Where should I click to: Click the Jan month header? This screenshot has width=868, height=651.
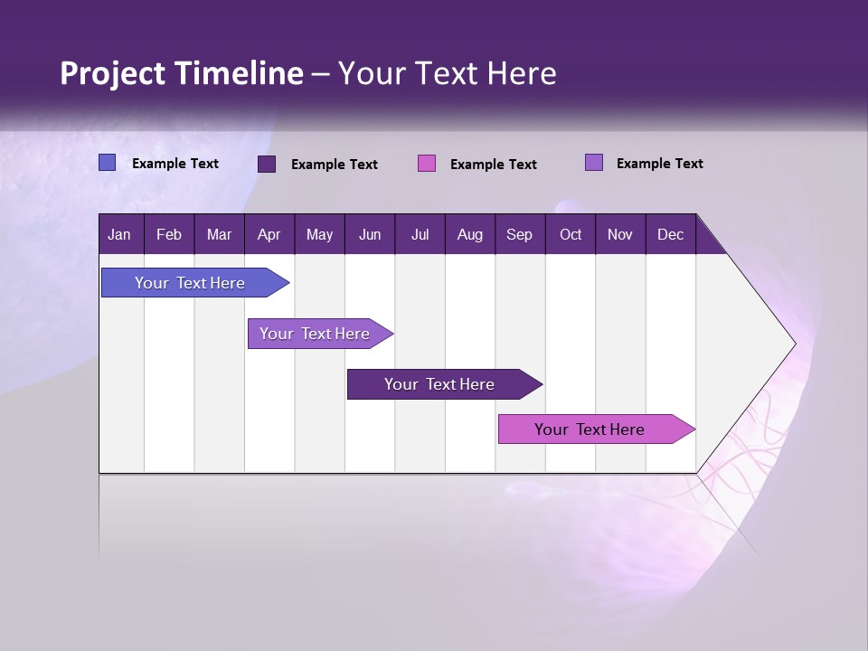(119, 235)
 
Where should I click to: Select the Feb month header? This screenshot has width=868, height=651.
(169, 235)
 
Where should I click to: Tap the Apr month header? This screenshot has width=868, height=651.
(269, 235)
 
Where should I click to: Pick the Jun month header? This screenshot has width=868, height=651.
(370, 235)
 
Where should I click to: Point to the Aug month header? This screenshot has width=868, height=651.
(470, 235)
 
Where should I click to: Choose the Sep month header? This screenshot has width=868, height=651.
(520, 235)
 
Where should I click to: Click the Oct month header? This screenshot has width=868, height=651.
(571, 235)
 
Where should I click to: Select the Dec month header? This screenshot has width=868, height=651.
(671, 235)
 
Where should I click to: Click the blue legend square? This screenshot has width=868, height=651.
(108, 163)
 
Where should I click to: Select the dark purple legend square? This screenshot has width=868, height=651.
(267, 164)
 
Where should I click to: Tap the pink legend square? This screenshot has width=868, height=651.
(427, 164)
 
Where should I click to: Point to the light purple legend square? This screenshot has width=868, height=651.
(594, 163)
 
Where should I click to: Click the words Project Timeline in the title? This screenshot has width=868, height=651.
(182, 73)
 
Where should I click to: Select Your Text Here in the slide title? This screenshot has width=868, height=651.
(448, 73)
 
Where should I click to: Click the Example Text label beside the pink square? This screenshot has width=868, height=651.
(494, 165)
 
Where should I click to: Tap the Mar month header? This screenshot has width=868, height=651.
(220, 235)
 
